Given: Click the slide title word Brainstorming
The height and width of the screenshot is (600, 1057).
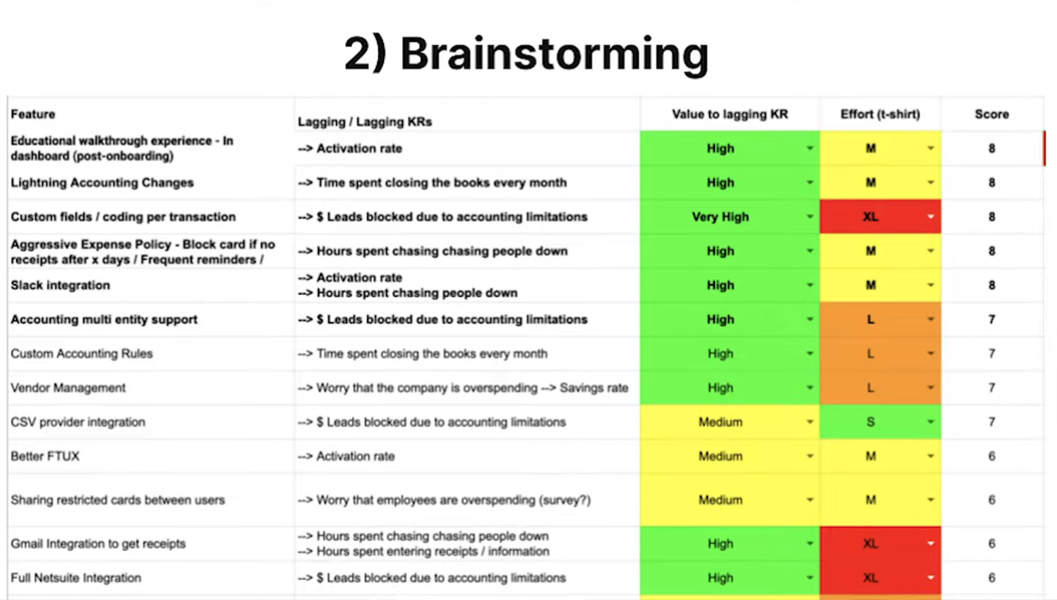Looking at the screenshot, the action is point(554,53).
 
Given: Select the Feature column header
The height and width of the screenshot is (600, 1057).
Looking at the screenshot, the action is point(33,114).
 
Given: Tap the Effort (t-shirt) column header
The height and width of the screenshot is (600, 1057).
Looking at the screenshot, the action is point(880,114).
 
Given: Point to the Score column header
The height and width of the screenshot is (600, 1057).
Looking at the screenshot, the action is point(992,114).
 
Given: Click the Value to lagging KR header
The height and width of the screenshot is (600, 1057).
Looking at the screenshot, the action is point(730,114).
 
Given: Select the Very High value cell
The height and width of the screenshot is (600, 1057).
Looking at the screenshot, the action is point(730,216).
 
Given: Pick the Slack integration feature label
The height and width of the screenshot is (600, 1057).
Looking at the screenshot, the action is point(60,286).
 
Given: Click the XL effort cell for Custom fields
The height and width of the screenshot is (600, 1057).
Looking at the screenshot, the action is point(880,216).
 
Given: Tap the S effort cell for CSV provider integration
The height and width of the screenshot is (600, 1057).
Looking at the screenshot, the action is point(880,422).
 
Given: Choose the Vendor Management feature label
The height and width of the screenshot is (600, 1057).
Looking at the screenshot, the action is point(68,388).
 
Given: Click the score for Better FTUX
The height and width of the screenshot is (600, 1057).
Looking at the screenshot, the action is point(992,456).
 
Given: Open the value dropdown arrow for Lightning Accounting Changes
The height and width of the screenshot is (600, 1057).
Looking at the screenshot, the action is point(809,182).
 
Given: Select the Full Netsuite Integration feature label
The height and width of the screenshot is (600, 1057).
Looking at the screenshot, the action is point(76,577).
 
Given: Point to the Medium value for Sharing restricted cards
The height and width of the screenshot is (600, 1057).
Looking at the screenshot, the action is point(721,500).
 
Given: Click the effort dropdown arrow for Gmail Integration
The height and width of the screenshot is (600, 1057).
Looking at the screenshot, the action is point(931,543).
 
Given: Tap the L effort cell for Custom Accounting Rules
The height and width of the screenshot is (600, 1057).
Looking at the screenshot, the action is point(880,353).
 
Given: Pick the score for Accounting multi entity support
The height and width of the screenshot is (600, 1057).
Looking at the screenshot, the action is point(992,319).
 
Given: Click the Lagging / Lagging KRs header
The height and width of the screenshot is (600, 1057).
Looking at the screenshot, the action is point(365,122).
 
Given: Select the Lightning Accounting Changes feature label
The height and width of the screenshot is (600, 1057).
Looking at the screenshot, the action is point(102,182).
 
